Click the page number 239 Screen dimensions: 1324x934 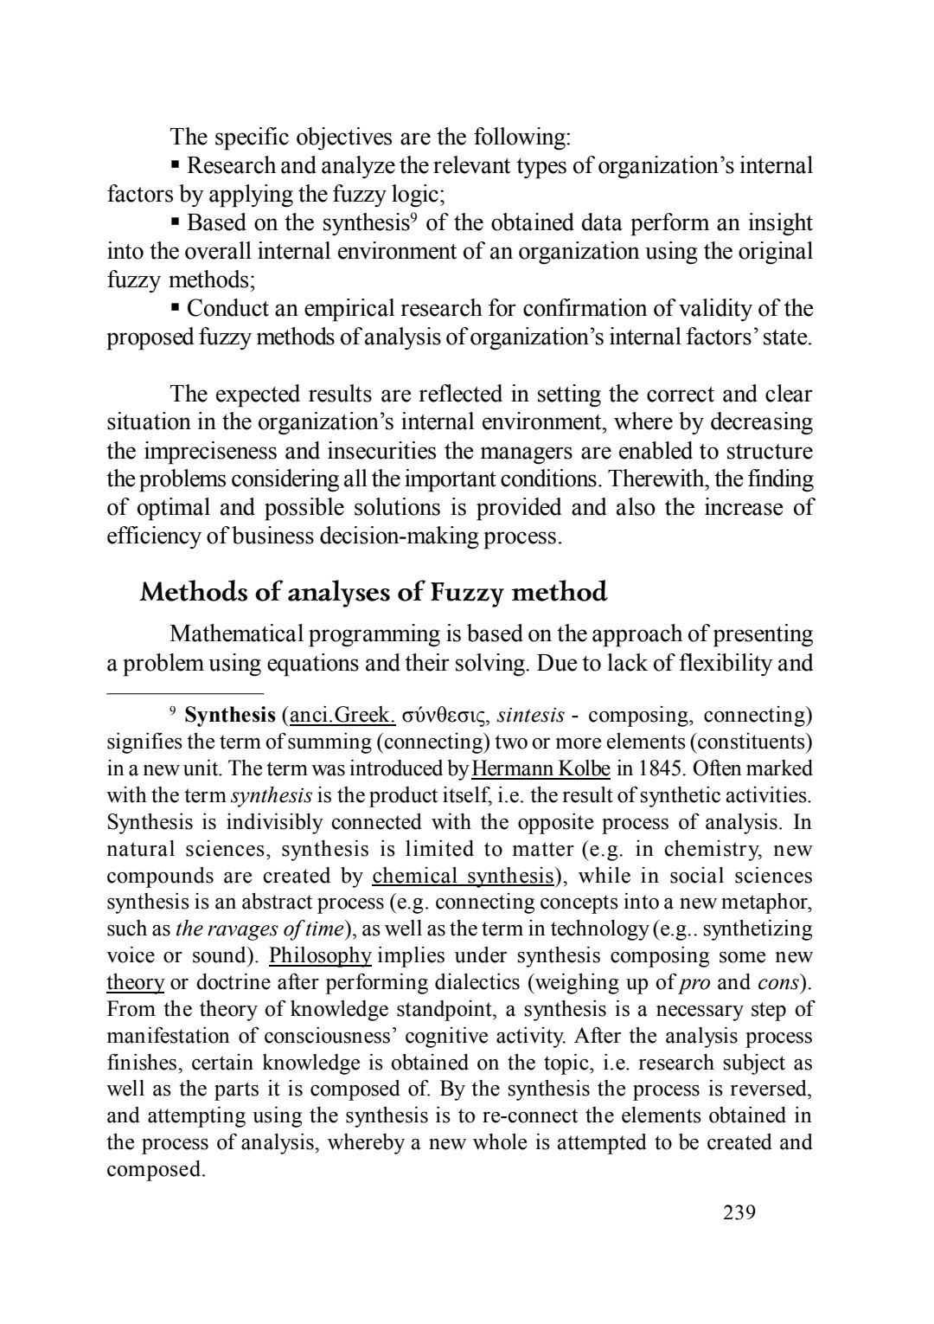point(739,1212)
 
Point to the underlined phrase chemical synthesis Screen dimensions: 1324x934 point(463,876)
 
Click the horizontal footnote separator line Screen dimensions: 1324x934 point(185,693)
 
